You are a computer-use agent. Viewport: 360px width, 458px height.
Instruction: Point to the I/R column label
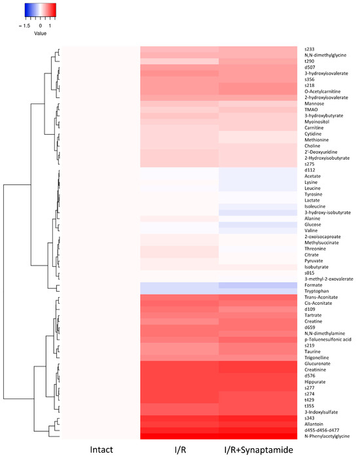click(179, 449)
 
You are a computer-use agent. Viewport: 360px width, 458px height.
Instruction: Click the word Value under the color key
click(41, 32)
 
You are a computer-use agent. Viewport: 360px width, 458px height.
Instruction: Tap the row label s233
click(310, 49)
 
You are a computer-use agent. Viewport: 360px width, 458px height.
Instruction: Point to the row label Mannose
click(315, 103)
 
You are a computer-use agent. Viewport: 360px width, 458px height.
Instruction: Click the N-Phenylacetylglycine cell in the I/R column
click(179, 435)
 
